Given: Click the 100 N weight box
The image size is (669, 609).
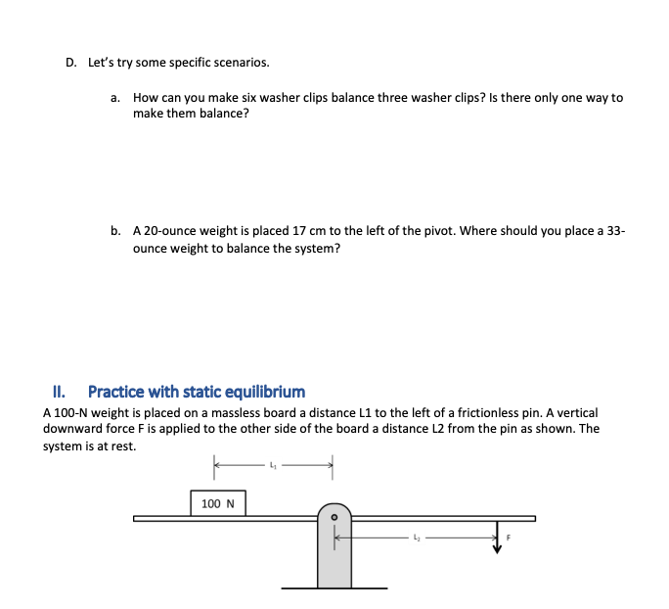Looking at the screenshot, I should click(x=217, y=503).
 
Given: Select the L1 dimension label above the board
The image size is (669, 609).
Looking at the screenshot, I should click(x=274, y=464).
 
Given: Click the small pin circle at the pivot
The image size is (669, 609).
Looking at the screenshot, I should click(x=334, y=516).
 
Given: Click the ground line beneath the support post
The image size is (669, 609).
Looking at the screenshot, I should click(x=334, y=587).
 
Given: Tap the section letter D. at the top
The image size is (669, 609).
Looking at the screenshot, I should click(x=70, y=63).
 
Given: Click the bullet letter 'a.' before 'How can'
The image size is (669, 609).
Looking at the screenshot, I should click(x=115, y=98).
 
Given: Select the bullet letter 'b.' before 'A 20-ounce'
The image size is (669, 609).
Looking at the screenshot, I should click(x=115, y=231).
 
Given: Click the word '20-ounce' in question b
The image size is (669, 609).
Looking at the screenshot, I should click(x=167, y=231).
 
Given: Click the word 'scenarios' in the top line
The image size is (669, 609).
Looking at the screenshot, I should click(x=241, y=63).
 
